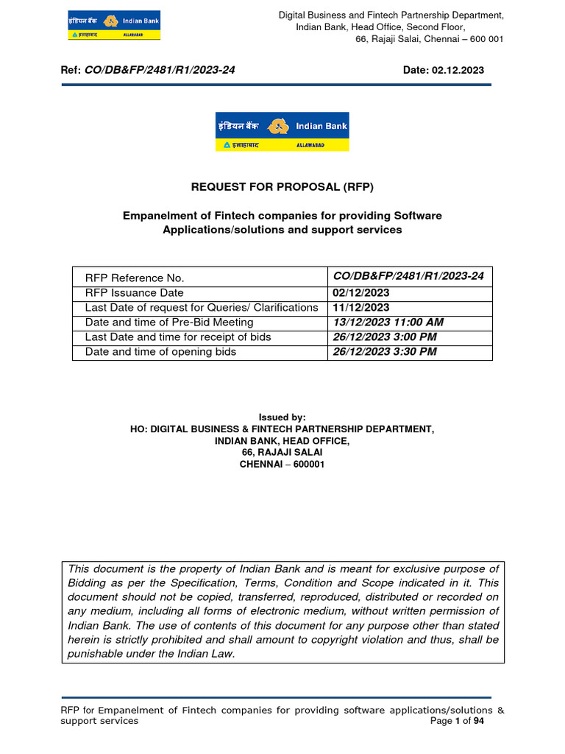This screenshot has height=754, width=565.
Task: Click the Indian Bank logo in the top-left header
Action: pos(113,25)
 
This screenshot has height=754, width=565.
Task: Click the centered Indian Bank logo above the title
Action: pos(282,132)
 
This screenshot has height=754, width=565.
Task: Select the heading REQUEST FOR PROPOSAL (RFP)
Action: pos(282,187)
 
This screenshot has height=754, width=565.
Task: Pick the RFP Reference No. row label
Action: pos(135,278)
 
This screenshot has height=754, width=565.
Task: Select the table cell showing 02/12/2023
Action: pos(360,293)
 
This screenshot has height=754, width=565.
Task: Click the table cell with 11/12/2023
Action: pos(360,308)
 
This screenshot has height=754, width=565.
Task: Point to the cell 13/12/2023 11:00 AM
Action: pos(388,323)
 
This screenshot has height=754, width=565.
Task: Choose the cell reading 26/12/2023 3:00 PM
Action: pos(385,337)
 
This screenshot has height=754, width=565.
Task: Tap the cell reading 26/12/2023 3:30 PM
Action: pos(385,352)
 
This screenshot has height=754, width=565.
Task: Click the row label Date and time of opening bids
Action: pos(161,352)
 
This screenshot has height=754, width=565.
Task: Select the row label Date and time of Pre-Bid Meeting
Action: pos(169,323)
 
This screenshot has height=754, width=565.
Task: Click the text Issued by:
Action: pos(282,417)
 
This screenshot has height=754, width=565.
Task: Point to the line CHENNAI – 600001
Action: pos(282,465)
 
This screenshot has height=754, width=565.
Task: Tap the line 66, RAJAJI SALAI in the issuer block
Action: pos(282,453)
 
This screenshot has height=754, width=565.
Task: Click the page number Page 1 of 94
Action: pos(457,722)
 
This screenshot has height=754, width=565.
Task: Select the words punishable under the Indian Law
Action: pos(152,653)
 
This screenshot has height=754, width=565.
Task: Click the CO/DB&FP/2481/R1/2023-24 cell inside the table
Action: pos(408,276)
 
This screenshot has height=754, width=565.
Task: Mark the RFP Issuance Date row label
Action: pos(135,293)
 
